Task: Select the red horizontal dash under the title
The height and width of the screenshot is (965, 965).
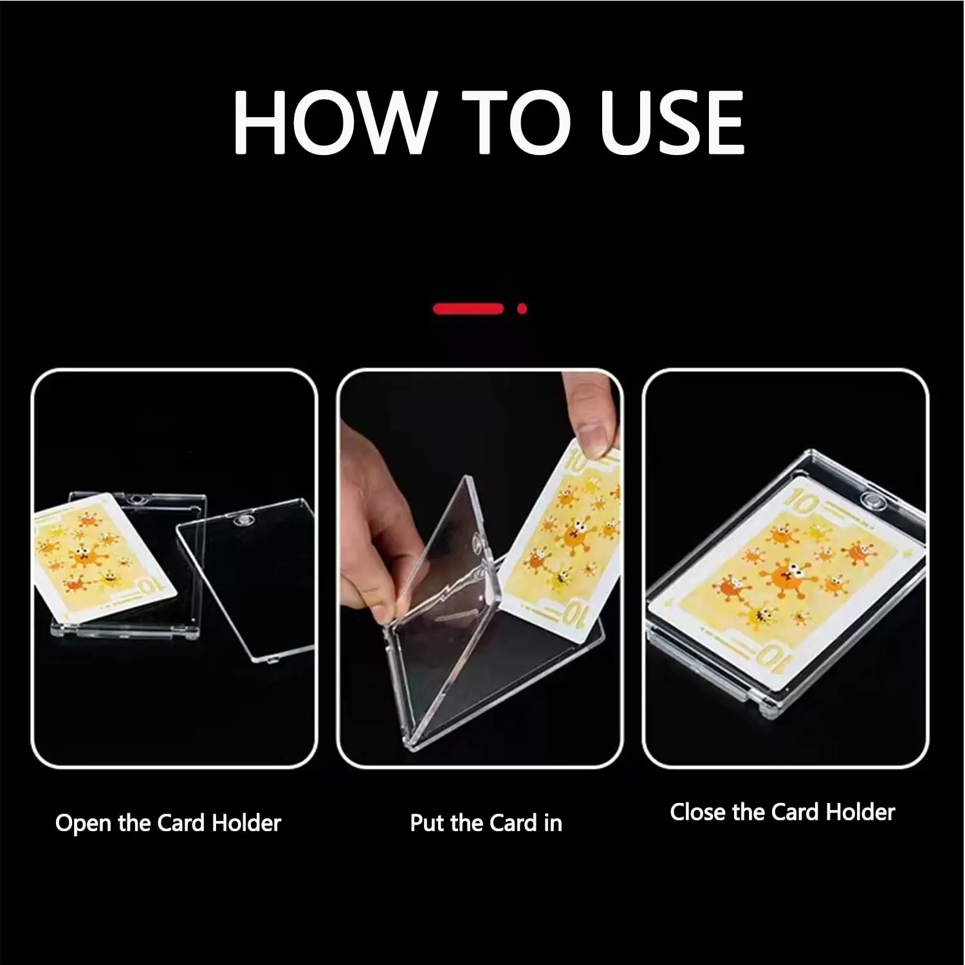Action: pos(468,309)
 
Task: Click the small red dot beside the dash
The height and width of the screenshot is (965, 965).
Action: pos(522,309)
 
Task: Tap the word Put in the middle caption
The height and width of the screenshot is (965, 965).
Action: pos(427,823)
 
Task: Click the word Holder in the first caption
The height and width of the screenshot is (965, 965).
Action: pos(246,823)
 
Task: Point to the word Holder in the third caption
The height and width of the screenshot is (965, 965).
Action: pos(860,813)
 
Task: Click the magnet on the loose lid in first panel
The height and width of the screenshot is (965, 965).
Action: pos(244,520)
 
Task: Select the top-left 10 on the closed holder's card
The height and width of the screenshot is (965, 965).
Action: pos(801,502)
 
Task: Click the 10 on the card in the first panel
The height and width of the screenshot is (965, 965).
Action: pos(149,586)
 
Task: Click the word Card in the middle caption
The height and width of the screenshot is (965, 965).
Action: pos(512,823)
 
